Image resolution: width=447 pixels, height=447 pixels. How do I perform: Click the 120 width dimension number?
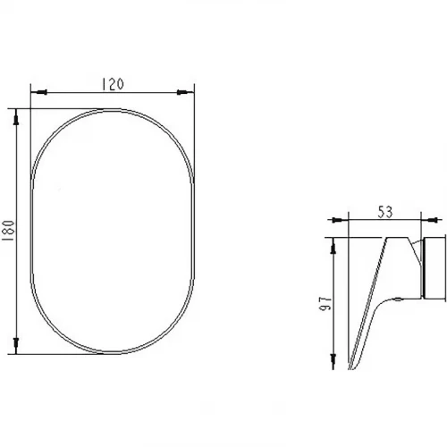pos(113,84)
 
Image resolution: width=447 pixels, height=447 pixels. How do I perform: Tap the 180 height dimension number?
pos(8,231)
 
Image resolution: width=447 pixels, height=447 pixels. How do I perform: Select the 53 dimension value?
pos(385,212)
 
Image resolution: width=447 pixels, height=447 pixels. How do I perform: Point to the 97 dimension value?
pos(325,303)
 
